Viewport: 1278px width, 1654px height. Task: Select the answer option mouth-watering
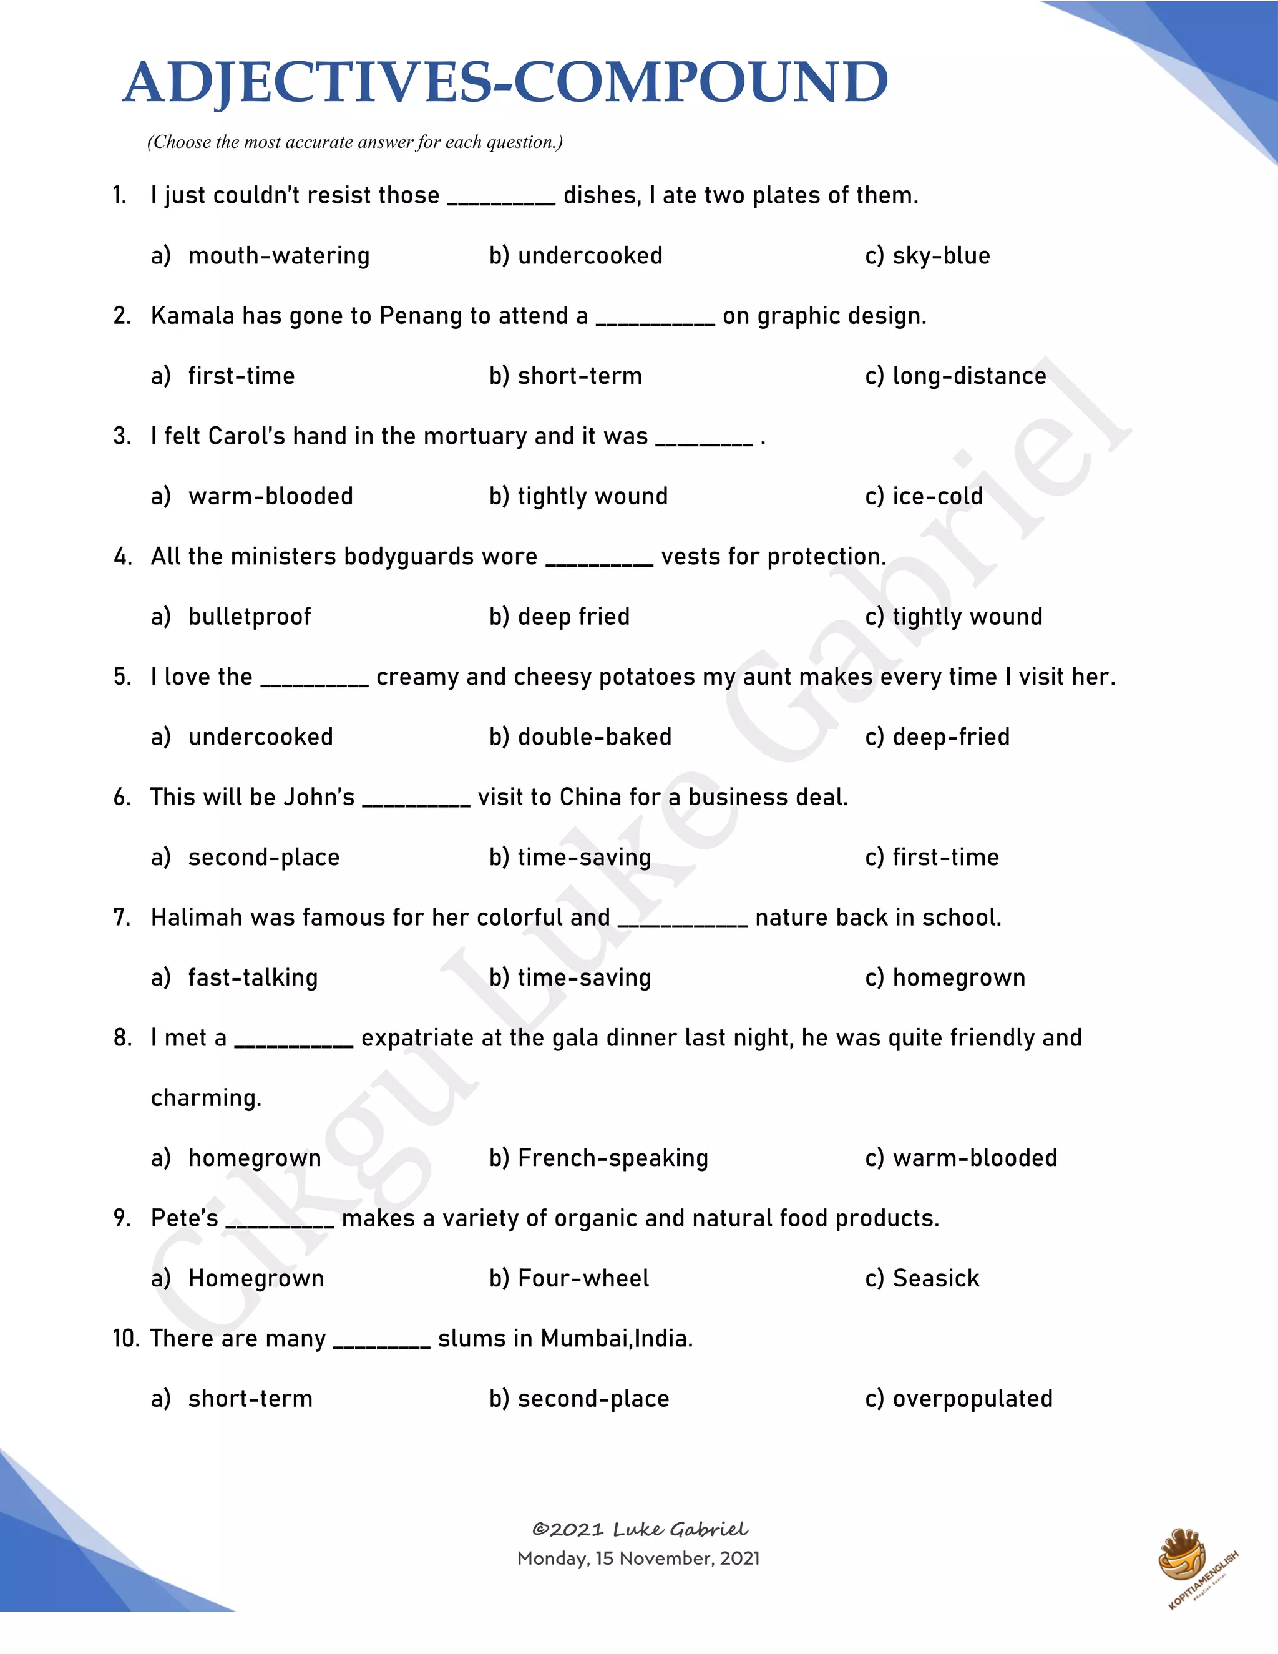click(x=278, y=256)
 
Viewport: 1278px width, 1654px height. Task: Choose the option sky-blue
click(x=941, y=256)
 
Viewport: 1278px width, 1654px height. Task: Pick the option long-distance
click(x=969, y=376)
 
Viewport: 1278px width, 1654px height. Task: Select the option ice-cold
click(x=937, y=497)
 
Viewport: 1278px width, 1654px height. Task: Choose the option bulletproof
click(x=249, y=617)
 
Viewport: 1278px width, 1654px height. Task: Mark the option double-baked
click(x=594, y=737)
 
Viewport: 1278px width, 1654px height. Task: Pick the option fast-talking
click(x=253, y=977)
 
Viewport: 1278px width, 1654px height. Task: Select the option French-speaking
click(x=613, y=1158)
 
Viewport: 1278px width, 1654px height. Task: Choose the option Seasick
click(x=936, y=1278)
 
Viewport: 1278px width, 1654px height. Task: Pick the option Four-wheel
click(x=583, y=1278)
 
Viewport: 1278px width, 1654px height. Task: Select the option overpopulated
click(x=972, y=1399)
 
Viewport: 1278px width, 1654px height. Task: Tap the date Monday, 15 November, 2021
click(x=638, y=1559)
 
